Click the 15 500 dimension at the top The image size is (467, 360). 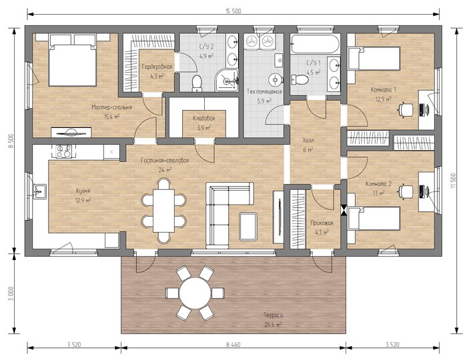click(x=233, y=11)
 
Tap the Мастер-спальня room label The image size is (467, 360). click(x=111, y=107)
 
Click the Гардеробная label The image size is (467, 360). click(x=157, y=67)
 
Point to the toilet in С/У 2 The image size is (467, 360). click(x=197, y=83)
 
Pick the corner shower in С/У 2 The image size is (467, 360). click(x=227, y=80)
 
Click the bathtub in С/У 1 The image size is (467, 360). click(x=316, y=44)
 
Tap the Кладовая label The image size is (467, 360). click(x=203, y=119)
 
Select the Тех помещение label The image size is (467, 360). click(x=264, y=91)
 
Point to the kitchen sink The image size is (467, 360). click(x=39, y=191)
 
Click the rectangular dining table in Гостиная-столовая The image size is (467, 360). click(x=164, y=211)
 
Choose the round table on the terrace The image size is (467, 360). click(x=195, y=293)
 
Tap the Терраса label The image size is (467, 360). click(x=273, y=315)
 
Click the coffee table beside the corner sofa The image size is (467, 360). click(x=248, y=226)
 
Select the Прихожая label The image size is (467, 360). click(x=322, y=223)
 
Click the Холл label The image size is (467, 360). click(x=308, y=140)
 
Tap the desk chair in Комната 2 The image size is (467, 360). click(x=406, y=191)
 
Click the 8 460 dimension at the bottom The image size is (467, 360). click(x=233, y=345)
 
